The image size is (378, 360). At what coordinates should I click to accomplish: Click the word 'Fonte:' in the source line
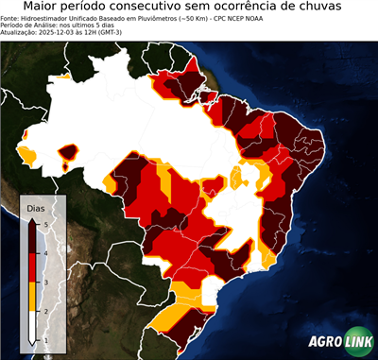(12, 18)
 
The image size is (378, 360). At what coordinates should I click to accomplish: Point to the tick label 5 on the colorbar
(45, 223)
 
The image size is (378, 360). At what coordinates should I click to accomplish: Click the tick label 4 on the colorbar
(45, 252)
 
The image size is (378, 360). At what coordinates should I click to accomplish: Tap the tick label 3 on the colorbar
(45, 282)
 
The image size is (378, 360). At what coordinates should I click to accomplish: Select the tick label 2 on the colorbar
(45, 311)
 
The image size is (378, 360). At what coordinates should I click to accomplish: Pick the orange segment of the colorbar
(33, 296)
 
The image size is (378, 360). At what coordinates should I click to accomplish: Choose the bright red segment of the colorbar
(33, 266)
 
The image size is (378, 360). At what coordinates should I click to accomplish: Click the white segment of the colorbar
(33, 326)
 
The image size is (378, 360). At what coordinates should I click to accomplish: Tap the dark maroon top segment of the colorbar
(33, 236)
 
